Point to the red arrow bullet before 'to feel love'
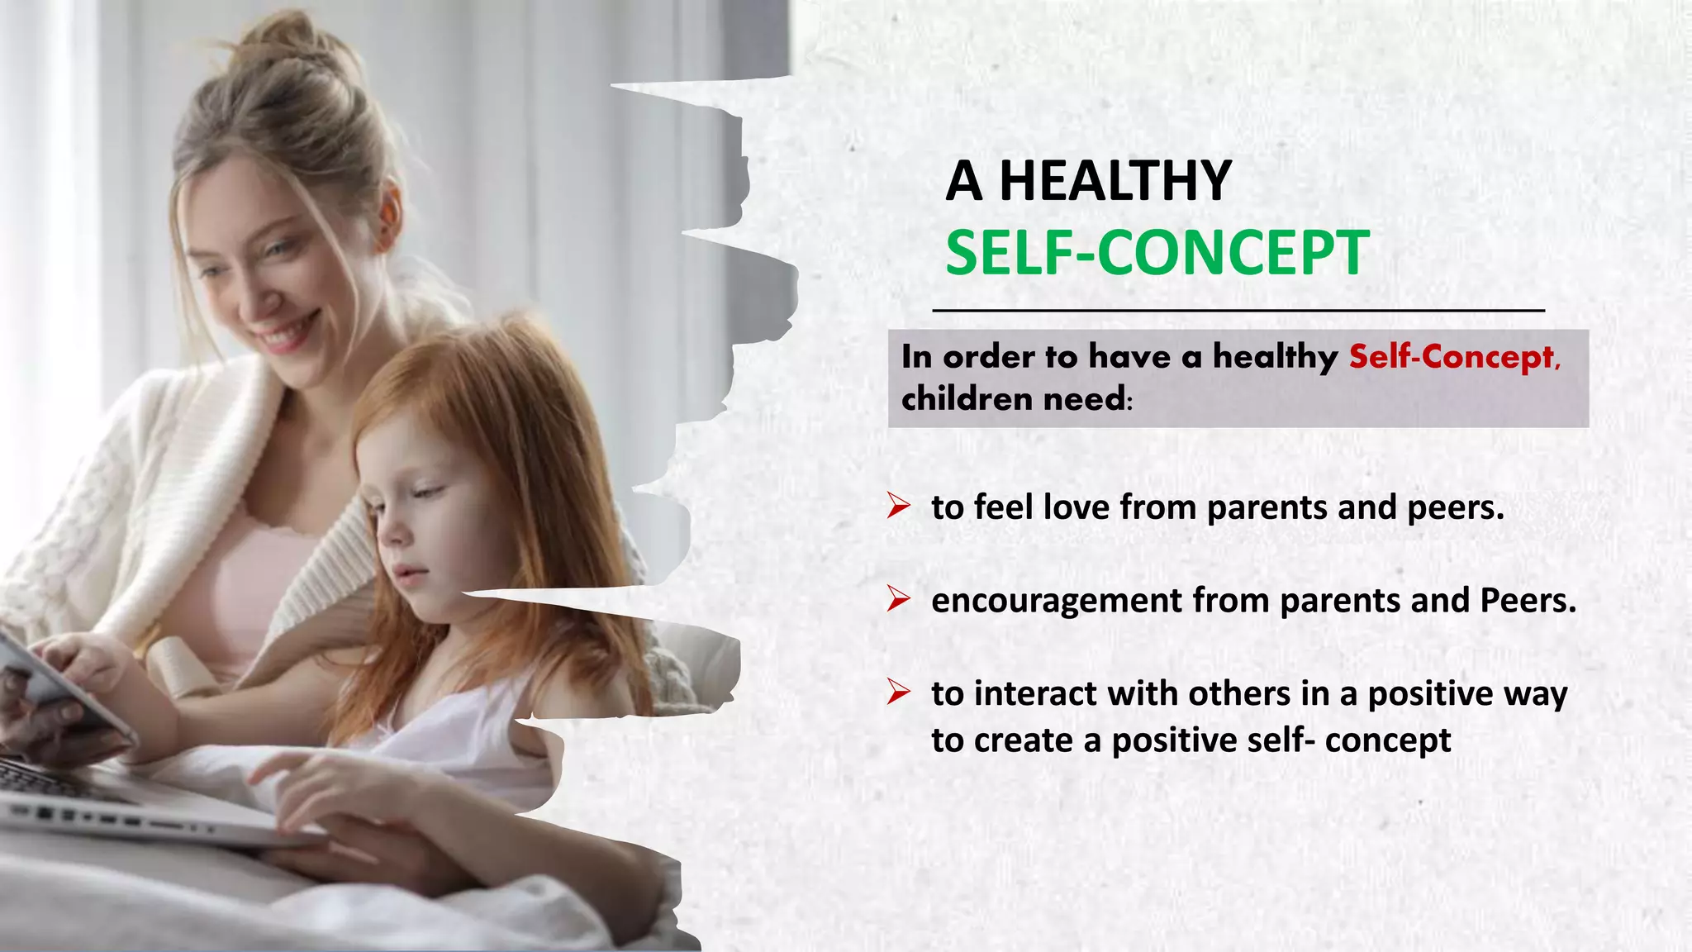898,506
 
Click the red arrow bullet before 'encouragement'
898,599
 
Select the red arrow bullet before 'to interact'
898,693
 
